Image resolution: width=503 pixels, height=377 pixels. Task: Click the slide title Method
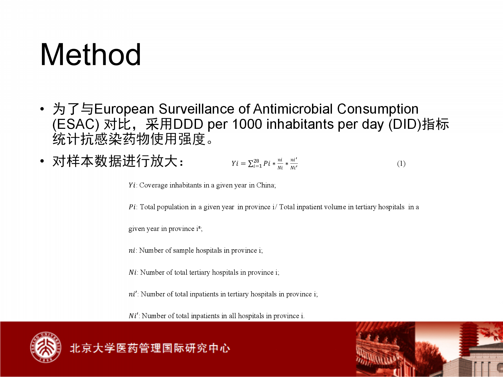coord(91,54)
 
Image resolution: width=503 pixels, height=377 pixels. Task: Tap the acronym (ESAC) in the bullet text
coord(76,124)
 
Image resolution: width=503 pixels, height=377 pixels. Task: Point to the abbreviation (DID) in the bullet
coord(404,124)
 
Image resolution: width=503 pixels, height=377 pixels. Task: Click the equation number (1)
coord(401,164)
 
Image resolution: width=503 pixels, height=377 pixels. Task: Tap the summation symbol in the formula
coord(250,164)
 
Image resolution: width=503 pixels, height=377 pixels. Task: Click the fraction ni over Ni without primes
coord(280,164)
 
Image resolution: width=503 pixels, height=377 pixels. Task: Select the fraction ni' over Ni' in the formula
coord(294,164)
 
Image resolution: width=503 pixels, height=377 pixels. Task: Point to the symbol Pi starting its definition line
coord(132,207)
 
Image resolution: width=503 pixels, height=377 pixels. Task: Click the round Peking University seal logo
coord(46,347)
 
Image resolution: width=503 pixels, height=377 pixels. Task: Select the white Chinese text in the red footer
coord(150,348)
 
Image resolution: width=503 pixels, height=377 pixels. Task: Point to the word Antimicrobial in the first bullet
coord(293,109)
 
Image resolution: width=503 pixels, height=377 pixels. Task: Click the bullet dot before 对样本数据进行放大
coord(42,161)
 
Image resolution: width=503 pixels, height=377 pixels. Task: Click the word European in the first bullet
coord(124,109)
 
